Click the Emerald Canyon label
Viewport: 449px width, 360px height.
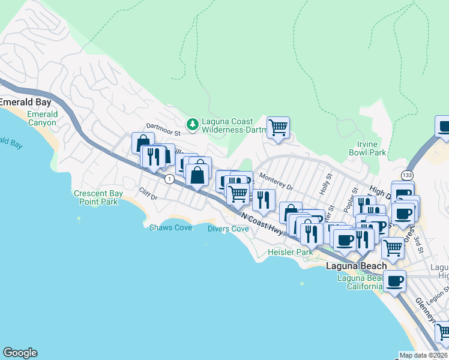[x=42, y=118]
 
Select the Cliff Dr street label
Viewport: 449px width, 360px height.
[x=148, y=194]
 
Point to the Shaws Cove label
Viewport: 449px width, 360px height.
[x=170, y=227]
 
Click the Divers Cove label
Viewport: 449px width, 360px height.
[x=228, y=229]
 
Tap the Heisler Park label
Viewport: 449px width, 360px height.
[x=291, y=252]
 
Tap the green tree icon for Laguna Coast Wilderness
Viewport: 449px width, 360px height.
[x=193, y=124]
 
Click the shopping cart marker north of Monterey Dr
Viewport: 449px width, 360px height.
[x=278, y=127]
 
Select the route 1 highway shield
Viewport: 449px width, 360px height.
[x=169, y=178]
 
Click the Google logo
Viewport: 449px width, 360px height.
[x=20, y=353]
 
